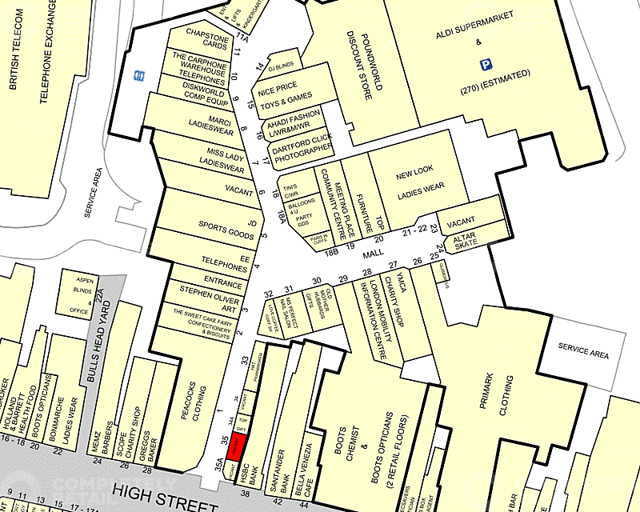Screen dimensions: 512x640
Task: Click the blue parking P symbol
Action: click(x=484, y=64)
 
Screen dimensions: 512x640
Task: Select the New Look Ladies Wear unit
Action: click(x=420, y=181)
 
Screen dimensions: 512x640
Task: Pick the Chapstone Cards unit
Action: click(x=206, y=39)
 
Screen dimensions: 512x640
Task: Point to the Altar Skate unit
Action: click(x=465, y=241)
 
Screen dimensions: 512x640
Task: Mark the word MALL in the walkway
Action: click(x=373, y=253)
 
